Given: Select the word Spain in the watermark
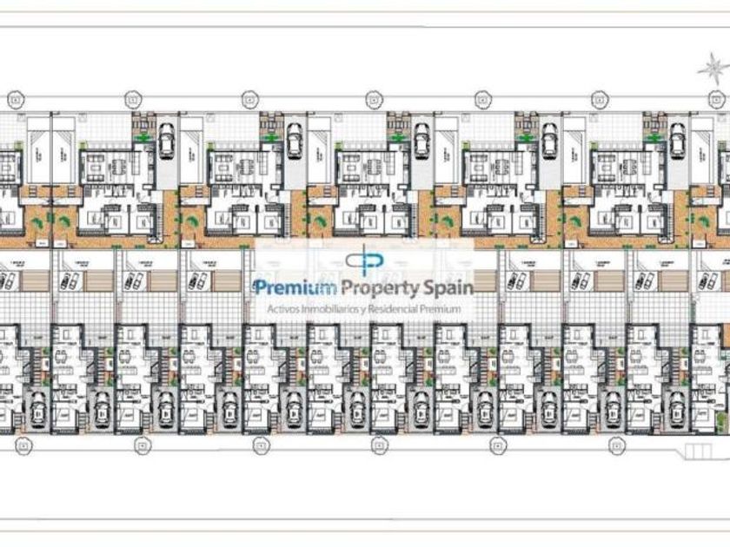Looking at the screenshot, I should coord(447,288).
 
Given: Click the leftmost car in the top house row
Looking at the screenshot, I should coord(167,138).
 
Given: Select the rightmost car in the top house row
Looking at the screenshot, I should coord(677,138).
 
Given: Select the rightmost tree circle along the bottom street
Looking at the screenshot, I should coord(613,444).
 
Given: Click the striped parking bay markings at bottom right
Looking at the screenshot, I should coord(700,451).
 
